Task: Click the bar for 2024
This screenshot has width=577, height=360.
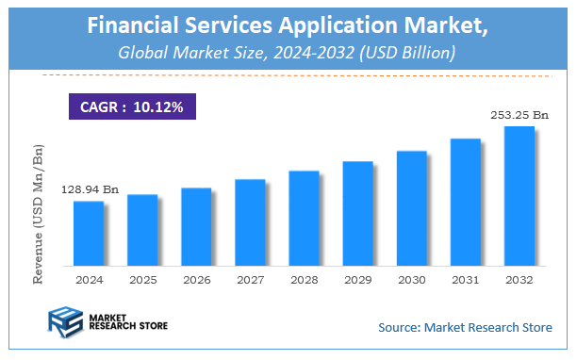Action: click(89, 233)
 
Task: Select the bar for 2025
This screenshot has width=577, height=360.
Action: click(142, 229)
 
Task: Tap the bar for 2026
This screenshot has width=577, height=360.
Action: click(196, 226)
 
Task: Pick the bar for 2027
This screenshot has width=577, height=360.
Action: click(250, 221)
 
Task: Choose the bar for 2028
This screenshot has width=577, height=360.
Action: click(304, 218)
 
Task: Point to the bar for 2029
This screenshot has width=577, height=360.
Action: click(357, 213)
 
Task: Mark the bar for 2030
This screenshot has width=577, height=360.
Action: click(411, 207)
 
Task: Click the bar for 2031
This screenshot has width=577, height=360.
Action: click(465, 202)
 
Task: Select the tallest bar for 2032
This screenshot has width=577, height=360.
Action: click(519, 195)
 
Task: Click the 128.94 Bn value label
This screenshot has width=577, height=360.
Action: click(90, 190)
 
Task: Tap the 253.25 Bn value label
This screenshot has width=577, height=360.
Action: click(519, 115)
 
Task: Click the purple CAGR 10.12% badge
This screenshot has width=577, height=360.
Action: click(131, 106)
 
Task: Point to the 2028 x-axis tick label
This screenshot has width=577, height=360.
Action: click(304, 280)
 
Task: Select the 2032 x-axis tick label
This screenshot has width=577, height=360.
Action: click(519, 280)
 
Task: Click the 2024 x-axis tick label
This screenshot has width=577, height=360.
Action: click(89, 280)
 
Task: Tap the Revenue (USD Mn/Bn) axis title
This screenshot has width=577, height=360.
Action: click(39, 214)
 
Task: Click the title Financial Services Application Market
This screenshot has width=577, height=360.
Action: click(288, 26)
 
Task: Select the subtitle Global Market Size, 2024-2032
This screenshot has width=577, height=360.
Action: click(288, 53)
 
